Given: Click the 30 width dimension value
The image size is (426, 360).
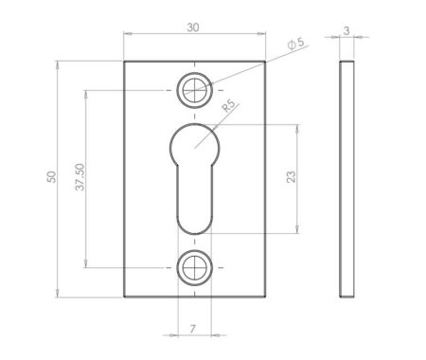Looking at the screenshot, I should click(x=193, y=27).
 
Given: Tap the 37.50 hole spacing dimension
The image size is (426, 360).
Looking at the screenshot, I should click(x=79, y=178).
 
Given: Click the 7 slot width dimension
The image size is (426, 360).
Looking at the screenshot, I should click(x=193, y=328).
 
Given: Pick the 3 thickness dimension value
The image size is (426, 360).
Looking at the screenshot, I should click(x=347, y=30).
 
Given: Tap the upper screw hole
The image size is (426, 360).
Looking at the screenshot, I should click(x=194, y=91).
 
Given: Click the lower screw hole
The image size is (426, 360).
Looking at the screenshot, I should click(x=194, y=267).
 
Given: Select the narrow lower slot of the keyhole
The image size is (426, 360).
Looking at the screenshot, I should click(x=194, y=194).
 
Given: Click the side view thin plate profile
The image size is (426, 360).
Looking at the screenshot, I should click(x=348, y=179).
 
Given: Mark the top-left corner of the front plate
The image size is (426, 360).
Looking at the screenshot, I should click(x=124, y=63).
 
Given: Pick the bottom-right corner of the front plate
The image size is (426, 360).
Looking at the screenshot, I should click(x=264, y=297).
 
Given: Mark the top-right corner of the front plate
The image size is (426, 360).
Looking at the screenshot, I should click(x=264, y=63).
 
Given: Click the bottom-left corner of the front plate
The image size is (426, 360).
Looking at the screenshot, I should click(x=124, y=297).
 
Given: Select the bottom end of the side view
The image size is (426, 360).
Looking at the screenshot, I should click(x=348, y=295).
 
